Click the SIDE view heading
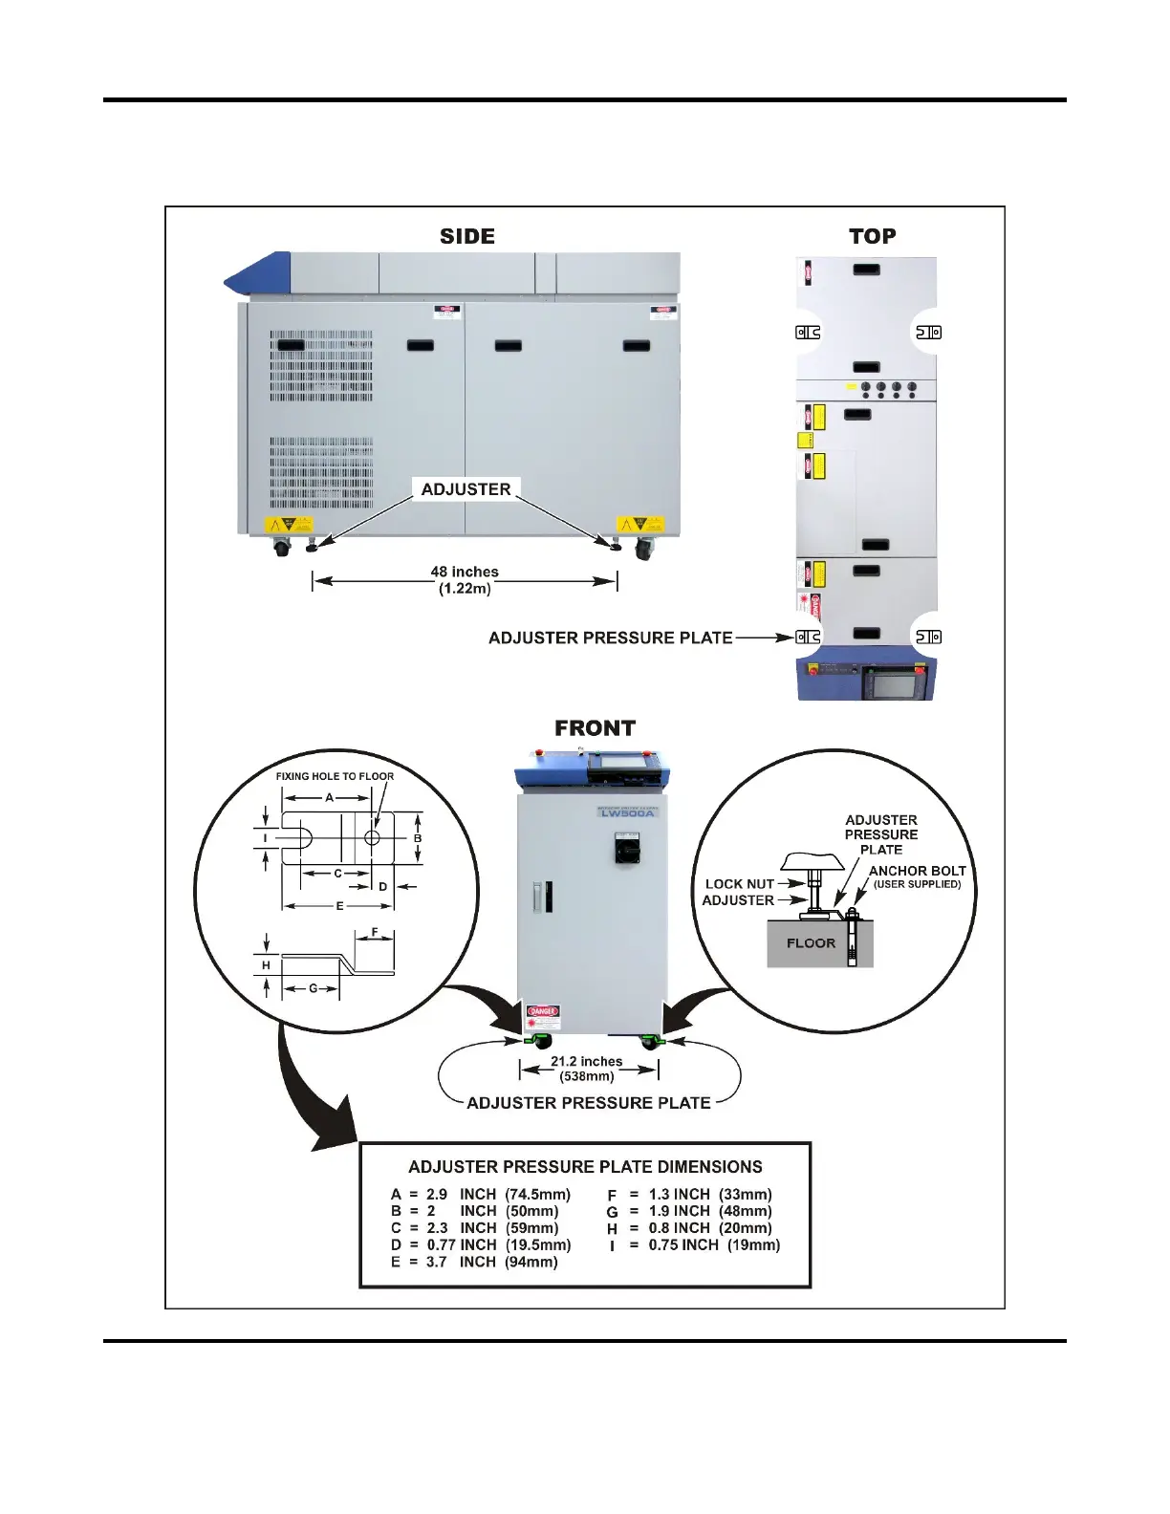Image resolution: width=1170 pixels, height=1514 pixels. click(x=466, y=236)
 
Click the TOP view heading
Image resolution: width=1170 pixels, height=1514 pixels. click(x=872, y=236)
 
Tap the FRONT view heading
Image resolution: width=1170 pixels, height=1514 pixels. click(x=595, y=728)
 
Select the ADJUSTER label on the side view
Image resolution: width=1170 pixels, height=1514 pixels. click(x=466, y=489)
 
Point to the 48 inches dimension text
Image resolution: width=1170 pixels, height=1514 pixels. click(x=465, y=572)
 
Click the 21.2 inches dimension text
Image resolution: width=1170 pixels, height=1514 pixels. click(x=586, y=1061)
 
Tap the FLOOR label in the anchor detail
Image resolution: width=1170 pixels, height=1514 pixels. click(x=811, y=943)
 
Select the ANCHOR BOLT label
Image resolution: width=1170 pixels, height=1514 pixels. click(x=917, y=871)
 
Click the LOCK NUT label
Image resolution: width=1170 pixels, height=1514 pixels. click(x=739, y=884)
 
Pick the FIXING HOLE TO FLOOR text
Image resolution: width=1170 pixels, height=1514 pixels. click(x=335, y=776)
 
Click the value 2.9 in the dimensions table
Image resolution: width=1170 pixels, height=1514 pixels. click(x=437, y=1194)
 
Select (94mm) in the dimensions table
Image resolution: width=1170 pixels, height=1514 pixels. click(x=531, y=1262)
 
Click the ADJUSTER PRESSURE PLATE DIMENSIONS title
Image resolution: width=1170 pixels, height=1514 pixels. click(x=585, y=1167)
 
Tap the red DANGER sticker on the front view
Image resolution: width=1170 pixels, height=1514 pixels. click(x=542, y=1011)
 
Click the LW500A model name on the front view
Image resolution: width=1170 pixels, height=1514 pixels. click(x=627, y=813)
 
